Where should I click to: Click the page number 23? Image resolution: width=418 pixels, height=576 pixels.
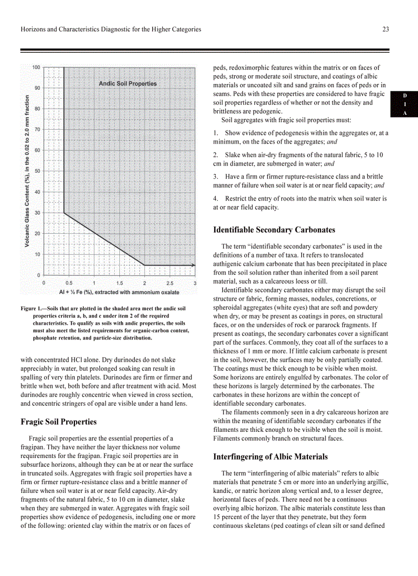(x=385, y=29)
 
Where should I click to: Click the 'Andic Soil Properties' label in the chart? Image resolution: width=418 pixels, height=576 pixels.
(x=128, y=84)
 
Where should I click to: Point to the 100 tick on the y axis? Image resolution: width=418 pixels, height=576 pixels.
(x=37, y=67)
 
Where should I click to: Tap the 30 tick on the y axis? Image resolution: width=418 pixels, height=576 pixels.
(x=37, y=213)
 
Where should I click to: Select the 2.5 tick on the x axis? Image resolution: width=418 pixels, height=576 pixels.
(x=170, y=283)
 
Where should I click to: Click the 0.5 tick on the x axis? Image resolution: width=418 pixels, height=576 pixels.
(x=69, y=283)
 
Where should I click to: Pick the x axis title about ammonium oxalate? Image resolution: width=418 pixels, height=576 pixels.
(x=119, y=292)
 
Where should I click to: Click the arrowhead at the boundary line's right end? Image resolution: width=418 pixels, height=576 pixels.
(x=193, y=265)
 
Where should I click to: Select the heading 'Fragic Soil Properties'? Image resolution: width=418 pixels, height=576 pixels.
(x=58, y=422)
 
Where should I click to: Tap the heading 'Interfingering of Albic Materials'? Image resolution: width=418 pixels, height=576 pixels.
(x=270, y=457)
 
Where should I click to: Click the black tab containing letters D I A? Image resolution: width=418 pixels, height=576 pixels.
(x=404, y=105)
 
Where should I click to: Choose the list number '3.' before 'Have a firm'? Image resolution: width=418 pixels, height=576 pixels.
(x=216, y=176)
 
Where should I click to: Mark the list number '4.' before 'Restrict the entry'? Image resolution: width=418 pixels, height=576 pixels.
(x=216, y=198)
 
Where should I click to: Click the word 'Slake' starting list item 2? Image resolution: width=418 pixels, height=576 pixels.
(x=233, y=155)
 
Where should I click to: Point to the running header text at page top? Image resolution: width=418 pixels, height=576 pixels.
(x=111, y=29)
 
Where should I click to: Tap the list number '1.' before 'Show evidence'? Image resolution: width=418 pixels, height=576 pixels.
(x=216, y=133)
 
